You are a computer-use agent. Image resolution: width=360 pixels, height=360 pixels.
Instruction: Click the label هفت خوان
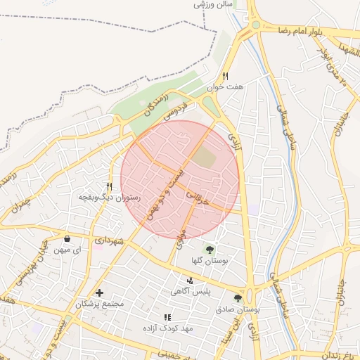point(225,87)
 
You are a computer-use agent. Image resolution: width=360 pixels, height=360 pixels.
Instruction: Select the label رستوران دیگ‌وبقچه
point(110,198)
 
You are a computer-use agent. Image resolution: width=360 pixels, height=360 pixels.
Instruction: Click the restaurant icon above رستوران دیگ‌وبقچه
point(109,187)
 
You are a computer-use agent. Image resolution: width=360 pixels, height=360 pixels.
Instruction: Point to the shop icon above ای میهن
point(67,238)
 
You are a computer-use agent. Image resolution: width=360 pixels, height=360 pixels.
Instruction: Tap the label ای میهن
point(67,249)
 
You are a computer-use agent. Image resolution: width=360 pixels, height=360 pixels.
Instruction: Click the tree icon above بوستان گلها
point(209,249)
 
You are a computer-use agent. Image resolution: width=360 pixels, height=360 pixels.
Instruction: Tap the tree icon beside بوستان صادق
point(247,298)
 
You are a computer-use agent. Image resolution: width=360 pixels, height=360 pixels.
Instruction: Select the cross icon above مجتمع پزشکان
point(99,292)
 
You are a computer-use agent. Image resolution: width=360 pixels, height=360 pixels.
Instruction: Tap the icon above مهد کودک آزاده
point(167,318)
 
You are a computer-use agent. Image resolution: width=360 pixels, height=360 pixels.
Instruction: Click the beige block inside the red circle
point(205,157)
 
